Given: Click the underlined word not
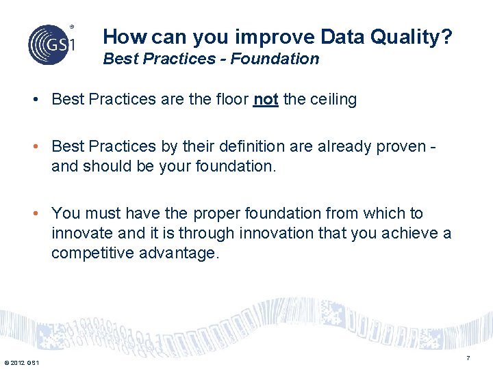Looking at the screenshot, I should pyautogui.click(x=266, y=100).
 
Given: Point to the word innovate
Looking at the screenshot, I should pyautogui.click(x=81, y=233).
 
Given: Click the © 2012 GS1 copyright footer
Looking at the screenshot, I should pyautogui.click(x=21, y=362).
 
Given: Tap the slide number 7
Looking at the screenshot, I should pyautogui.click(x=468, y=359).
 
